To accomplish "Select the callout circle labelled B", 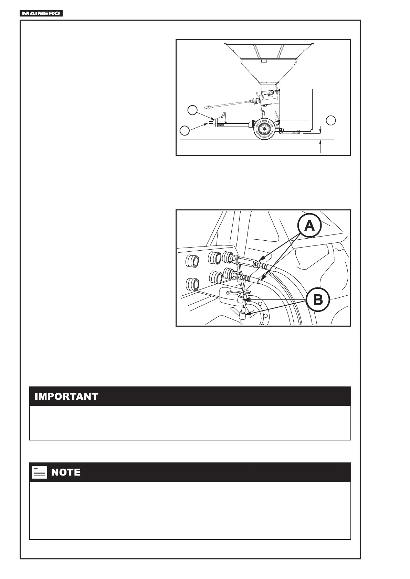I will tap(318, 300).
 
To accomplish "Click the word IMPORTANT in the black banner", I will tap(66, 396).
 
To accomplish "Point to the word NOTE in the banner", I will tap(66, 472).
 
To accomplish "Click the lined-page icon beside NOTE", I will tap(39, 472).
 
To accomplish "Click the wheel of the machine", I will tap(264, 129).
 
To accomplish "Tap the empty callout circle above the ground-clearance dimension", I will tap(331, 120).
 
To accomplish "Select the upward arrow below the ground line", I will tap(320, 146).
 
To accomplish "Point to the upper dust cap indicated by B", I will tap(241, 299).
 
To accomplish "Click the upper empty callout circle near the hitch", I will tap(192, 110).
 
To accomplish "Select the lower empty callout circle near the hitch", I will tap(185, 130).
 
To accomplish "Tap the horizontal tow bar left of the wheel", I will tap(234, 125).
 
